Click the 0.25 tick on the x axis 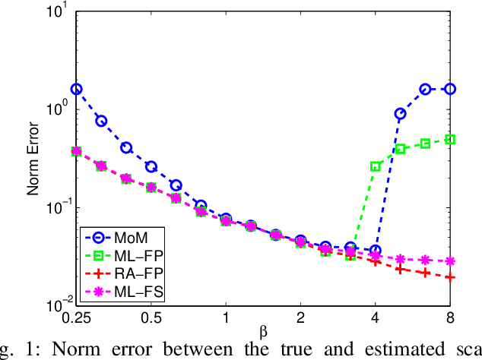[77, 315]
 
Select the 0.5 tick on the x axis [151, 315]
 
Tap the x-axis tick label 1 [226, 315]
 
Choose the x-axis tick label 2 [300, 315]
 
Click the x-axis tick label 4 [375, 315]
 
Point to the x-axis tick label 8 [449, 315]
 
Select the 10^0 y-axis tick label [59, 109]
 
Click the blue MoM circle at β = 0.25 [77, 89]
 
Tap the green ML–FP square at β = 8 [449, 139]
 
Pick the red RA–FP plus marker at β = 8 [449, 277]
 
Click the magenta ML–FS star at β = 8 [449, 261]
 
